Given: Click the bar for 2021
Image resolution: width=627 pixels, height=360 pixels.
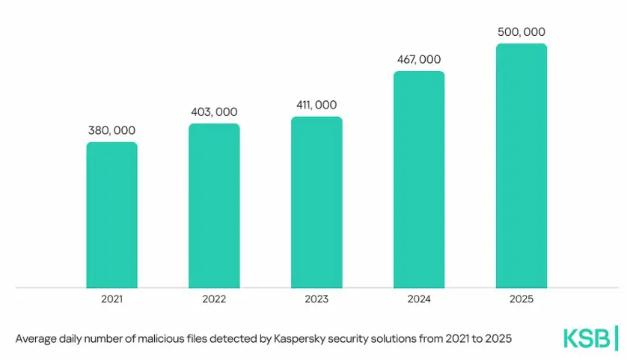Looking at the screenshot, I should pos(111,215).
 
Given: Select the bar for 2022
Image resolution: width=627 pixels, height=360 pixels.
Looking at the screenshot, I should pos(214,205).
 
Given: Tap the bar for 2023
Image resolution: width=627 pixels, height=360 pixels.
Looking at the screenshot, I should pos(316,202).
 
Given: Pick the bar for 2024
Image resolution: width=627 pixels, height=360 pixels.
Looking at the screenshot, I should pos(419,180).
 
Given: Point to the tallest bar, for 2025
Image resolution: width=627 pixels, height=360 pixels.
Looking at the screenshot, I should pos(522,165).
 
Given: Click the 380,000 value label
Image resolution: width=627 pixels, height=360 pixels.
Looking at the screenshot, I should pos(111,130).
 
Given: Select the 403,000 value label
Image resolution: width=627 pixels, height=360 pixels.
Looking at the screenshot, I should pos(214,112).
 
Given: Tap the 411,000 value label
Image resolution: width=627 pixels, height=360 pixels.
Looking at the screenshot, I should pos(316,105).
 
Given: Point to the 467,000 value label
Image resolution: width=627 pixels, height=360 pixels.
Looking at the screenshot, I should pos(419,59).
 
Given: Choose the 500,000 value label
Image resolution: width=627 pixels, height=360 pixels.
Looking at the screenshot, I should pos(522,31).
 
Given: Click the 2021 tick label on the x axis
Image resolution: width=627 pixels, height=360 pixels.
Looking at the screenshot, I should pos(111,299).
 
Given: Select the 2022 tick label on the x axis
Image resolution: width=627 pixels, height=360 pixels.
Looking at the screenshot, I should pos(214,299).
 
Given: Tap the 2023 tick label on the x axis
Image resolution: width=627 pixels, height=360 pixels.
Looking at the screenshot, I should pos(316,299).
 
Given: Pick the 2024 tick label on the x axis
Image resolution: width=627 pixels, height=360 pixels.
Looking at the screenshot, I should pos(419,299).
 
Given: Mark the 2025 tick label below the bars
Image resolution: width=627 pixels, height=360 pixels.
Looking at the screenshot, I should pos(522,299).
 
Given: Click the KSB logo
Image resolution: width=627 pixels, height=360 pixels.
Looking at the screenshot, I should pos(590,338).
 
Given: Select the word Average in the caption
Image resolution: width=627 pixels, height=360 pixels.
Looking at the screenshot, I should pos(37,339).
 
